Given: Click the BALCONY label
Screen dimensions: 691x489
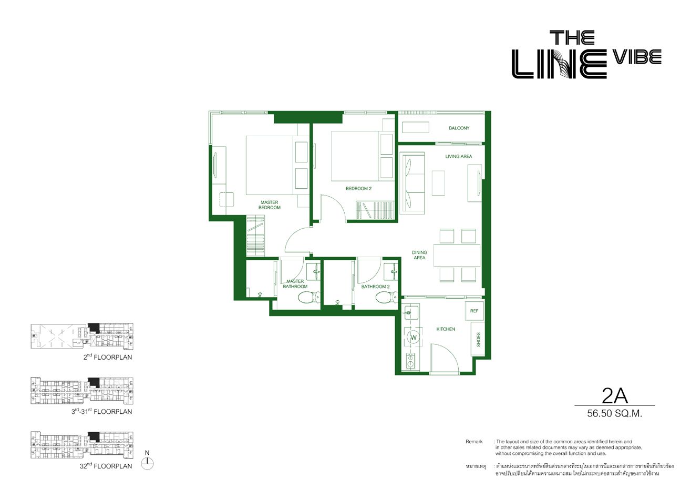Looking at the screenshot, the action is tap(459, 128).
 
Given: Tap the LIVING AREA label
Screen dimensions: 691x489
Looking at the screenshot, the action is tap(458, 157).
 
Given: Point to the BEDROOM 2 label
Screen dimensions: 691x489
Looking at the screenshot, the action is tap(358, 188).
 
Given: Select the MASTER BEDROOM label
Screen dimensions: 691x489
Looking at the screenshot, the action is tap(269, 205).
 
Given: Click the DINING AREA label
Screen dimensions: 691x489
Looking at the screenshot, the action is tap(419, 255).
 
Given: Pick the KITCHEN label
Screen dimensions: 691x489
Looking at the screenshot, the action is tap(446, 329).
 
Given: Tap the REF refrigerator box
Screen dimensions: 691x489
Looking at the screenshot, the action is tap(474, 311).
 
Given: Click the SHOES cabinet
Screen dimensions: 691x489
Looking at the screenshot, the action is tap(478, 340).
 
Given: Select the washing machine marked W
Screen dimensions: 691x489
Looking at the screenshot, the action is tap(414, 338).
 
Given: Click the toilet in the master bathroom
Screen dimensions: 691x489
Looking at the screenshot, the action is tap(309, 298).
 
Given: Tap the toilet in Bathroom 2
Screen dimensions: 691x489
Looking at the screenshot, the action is tap(387, 298).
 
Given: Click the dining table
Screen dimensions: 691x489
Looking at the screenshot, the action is tap(457, 256).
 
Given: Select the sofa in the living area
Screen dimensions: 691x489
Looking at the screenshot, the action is tap(412, 183).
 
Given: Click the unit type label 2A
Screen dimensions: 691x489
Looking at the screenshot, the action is tap(614, 396).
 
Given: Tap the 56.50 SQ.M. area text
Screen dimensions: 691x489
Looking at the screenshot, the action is tap(614, 414).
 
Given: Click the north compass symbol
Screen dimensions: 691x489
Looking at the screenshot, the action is tap(147, 463).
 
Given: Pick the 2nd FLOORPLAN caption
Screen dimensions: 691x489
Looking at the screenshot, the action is tap(108, 357).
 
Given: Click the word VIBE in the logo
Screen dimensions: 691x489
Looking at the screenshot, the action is tap(636, 57).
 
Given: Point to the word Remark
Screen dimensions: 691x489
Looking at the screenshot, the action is tap(474, 442).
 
